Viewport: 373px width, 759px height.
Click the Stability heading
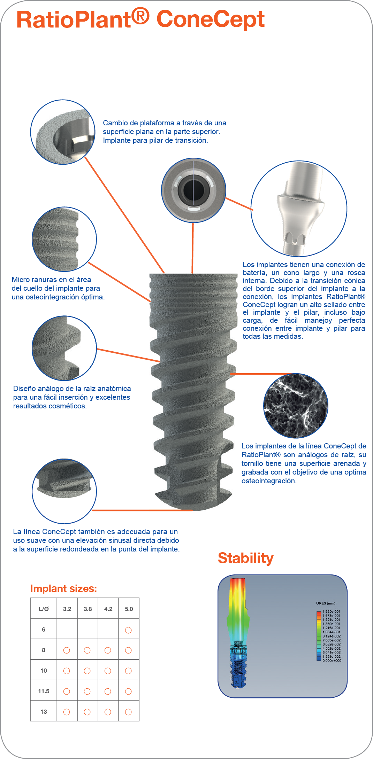(246, 558)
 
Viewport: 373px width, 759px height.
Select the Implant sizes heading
(63, 588)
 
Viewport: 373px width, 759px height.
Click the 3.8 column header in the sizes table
(87, 609)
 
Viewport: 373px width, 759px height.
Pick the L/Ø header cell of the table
(44, 609)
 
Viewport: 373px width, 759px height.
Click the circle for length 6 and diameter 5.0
(128, 630)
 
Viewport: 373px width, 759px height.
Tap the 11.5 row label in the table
(44, 691)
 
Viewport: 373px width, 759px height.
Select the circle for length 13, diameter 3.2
(67, 712)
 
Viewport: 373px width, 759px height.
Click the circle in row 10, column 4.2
(108, 671)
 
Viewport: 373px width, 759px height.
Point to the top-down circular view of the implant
(193, 190)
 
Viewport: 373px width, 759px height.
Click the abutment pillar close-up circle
(299, 209)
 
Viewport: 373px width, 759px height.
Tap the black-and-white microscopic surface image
(296, 406)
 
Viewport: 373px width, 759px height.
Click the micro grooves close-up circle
(64, 239)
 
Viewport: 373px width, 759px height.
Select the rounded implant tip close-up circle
(64, 491)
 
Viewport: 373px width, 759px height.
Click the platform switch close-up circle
(63, 132)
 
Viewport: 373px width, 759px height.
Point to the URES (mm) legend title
(326, 603)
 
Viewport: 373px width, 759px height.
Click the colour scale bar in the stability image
(319, 636)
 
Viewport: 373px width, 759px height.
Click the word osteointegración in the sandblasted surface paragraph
(269, 481)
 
